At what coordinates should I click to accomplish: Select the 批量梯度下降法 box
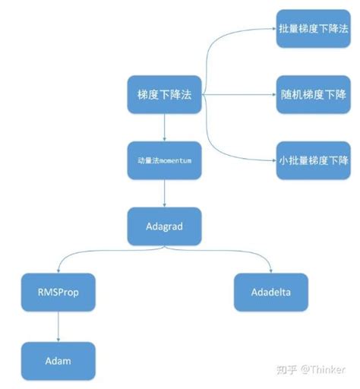click(314, 28)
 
